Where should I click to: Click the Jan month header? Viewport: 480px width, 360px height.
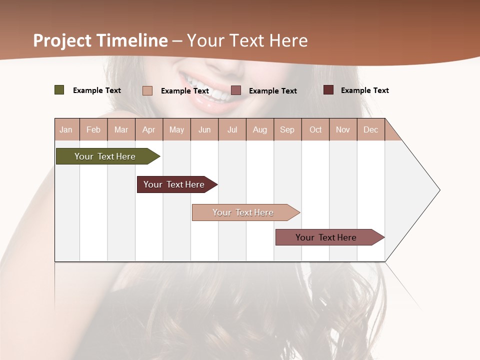pos(66,129)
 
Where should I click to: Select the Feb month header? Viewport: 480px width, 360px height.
pos(93,129)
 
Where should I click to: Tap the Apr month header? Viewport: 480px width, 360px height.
pos(149,129)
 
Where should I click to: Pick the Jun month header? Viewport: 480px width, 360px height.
pos(204,129)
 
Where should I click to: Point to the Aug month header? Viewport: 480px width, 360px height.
pos(260,129)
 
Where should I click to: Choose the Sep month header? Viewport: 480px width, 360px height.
pos(287,129)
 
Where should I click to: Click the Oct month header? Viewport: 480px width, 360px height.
pos(315,129)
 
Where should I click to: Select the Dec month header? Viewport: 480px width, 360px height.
pos(371,129)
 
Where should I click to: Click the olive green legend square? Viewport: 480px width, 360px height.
pos(59,90)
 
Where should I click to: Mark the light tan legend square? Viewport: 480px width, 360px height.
pos(147,90)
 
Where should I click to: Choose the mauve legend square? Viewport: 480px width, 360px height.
pos(236,90)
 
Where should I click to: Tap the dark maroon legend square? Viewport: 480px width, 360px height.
pos(328,90)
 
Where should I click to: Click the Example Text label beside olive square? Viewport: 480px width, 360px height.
pos(97,90)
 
